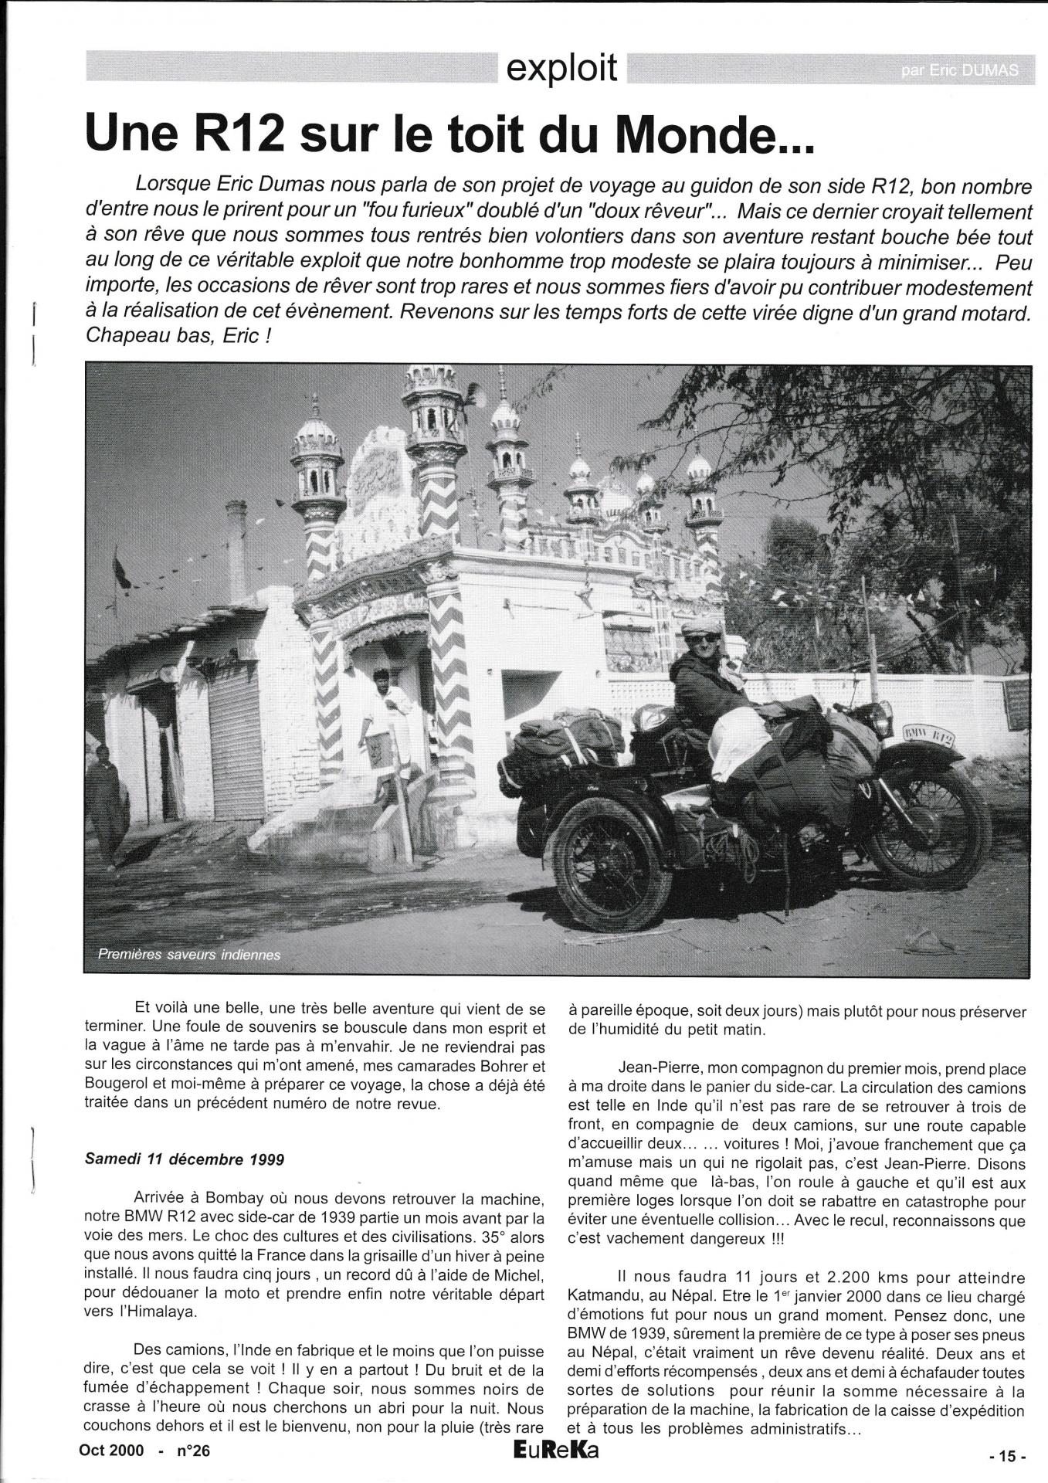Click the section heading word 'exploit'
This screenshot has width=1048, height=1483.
[x=561, y=68]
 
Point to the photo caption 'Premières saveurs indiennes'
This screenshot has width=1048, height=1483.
[x=189, y=955]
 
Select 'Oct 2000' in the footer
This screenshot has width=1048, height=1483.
[x=111, y=1451]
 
